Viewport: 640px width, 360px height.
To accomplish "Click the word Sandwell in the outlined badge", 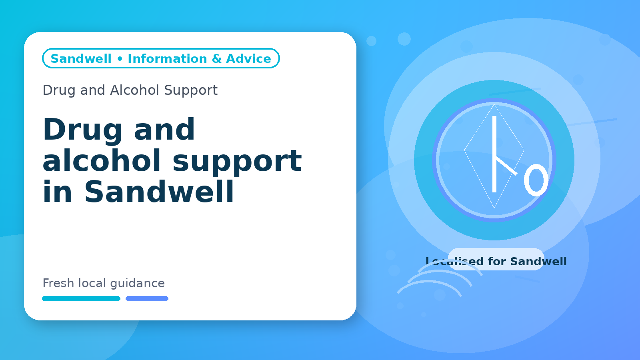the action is click(x=81, y=58).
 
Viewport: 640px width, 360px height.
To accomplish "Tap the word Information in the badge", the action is click(x=167, y=58).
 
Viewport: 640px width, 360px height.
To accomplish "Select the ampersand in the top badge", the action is click(x=216, y=58).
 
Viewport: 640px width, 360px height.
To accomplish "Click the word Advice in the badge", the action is click(x=248, y=58).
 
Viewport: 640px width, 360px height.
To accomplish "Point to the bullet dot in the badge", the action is click(x=120, y=59).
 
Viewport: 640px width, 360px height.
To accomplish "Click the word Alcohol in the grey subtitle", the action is click(x=135, y=90).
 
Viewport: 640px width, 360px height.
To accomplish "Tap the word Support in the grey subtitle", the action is click(x=191, y=91).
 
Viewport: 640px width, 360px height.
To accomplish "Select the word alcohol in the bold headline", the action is click(x=102, y=160).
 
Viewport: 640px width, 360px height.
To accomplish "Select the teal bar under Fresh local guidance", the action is click(x=81, y=298).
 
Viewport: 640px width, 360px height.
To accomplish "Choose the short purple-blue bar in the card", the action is click(x=147, y=298).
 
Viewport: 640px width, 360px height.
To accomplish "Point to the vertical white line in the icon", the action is click(x=494, y=154).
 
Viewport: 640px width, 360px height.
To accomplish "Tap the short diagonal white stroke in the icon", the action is click(x=506, y=166).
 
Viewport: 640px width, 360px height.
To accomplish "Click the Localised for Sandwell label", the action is click(x=496, y=261).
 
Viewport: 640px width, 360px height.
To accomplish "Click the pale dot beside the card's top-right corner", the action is click(x=372, y=41).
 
